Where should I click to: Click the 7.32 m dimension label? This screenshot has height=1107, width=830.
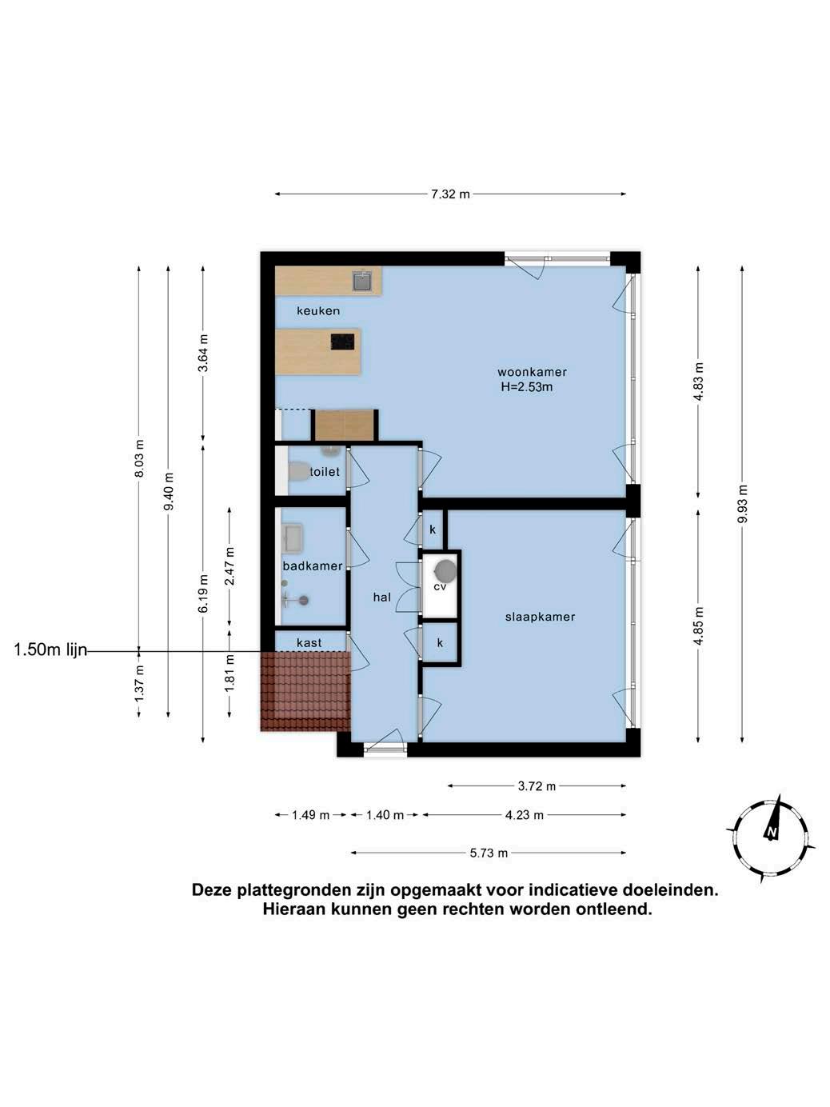click(450, 194)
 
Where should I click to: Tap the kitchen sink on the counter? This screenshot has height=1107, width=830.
click(362, 281)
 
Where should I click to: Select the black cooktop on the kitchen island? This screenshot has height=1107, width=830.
click(342, 342)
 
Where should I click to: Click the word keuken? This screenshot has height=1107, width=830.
click(318, 310)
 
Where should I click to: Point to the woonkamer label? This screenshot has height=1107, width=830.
click(533, 372)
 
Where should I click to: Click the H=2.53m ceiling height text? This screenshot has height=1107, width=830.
click(527, 387)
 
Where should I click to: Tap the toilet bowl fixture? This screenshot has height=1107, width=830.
click(298, 471)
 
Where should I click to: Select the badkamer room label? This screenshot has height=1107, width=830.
click(313, 565)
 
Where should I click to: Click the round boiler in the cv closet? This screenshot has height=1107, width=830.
click(445, 571)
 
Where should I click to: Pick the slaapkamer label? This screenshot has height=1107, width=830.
click(540, 617)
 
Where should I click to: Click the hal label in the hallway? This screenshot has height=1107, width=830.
click(382, 597)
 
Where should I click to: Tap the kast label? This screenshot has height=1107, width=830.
click(309, 643)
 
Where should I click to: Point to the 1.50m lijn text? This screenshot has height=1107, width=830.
click(50, 650)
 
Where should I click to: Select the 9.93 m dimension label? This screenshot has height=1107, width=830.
click(742, 504)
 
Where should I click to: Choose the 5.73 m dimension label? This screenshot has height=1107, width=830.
click(489, 853)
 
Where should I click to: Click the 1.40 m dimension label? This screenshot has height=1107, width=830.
click(385, 815)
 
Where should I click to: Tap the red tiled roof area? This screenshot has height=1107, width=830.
click(305, 691)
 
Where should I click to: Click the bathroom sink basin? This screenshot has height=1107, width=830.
click(292, 538)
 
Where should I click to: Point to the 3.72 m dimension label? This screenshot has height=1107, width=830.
click(537, 785)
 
